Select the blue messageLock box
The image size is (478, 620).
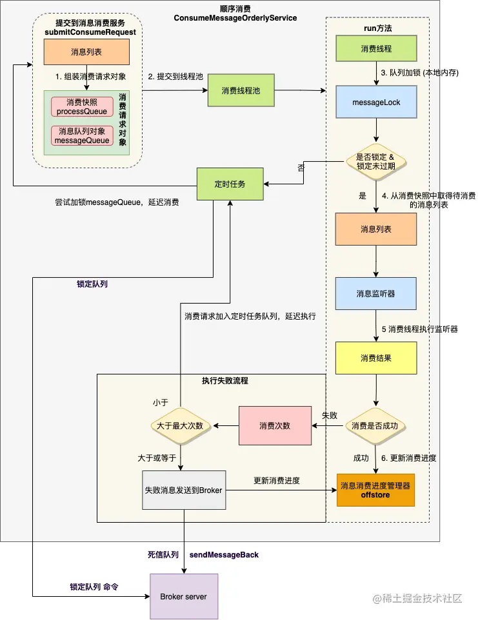[376, 102]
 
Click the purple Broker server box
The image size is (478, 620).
[183, 596]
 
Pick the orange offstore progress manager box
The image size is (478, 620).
[375, 490]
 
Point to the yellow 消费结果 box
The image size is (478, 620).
[376, 357]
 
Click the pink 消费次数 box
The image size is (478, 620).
[274, 425]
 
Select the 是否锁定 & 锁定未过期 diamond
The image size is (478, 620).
[375, 161]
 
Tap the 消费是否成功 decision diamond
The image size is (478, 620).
[376, 425]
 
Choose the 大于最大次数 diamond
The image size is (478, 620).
[180, 425]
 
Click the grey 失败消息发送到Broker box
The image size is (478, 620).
[183, 490]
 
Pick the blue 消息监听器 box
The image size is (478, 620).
[376, 294]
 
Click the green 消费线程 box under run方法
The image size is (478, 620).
[376, 48]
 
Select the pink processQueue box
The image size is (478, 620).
[82, 107]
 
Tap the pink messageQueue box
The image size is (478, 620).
[82, 135]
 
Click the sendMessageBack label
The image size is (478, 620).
[224, 554]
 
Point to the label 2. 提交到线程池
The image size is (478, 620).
[175, 76]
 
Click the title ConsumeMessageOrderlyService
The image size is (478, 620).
[235, 18]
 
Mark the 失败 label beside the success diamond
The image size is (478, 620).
[330, 415]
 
